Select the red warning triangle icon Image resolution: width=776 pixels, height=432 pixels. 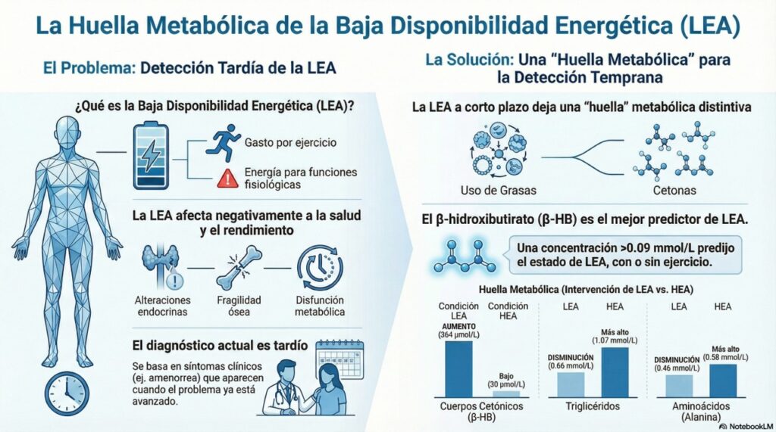(x=226, y=179)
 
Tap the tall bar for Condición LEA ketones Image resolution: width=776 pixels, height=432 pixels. (x=458, y=368)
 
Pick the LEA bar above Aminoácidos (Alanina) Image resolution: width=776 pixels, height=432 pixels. (x=678, y=386)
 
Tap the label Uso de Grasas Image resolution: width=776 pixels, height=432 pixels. (x=494, y=189)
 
